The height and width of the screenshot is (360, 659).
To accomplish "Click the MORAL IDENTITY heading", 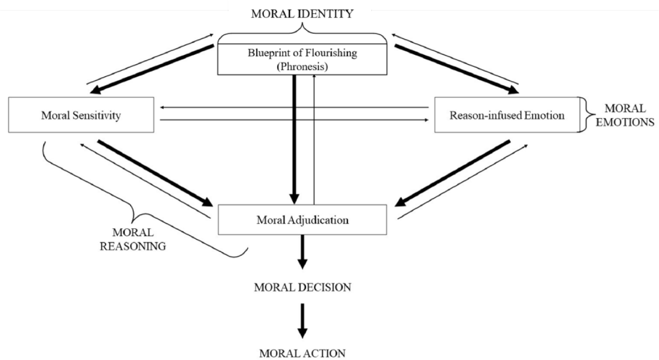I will pyautogui.click(x=302, y=14).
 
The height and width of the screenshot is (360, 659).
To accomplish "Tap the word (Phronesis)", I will pyautogui.click(x=302, y=67).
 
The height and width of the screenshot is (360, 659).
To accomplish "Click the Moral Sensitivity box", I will pyautogui.click(x=81, y=115).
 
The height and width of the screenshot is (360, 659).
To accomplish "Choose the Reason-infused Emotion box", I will pyautogui.click(x=507, y=115).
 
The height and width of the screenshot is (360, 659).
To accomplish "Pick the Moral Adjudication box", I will pyautogui.click(x=302, y=220).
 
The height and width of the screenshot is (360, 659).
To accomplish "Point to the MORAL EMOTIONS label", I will pyautogui.click(x=625, y=115).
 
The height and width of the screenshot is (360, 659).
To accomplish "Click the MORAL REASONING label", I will pyautogui.click(x=133, y=239).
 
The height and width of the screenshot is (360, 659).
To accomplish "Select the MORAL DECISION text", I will pyautogui.click(x=302, y=288).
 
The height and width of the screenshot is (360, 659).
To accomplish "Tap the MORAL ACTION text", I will pyautogui.click(x=302, y=353).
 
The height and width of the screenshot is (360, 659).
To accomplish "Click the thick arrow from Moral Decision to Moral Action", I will pyautogui.click(x=302, y=320).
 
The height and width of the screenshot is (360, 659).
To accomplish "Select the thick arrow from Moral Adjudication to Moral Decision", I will pyautogui.click(x=302, y=251).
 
